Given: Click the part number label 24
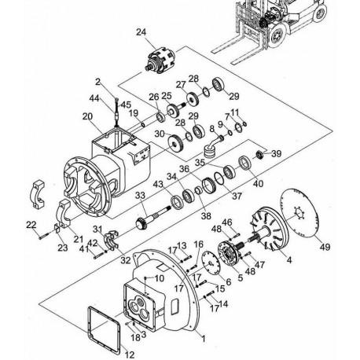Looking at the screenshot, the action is [141, 32].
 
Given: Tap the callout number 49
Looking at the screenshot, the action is [325, 247].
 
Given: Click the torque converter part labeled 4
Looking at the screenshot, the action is [270, 228].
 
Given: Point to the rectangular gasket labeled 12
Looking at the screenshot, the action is [105, 329].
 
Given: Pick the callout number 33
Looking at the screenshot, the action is [140, 195].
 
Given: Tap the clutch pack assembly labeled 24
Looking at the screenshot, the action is [160, 61].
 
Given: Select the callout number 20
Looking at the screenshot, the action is [87, 116].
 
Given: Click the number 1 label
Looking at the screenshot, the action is [204, 339].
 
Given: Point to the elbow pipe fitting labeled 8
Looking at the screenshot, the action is [213, 147].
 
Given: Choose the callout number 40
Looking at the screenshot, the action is [258, 183].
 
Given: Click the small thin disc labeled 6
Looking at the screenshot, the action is [211, 263].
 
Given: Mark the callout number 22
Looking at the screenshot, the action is [31, 225].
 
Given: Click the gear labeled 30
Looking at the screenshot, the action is [175, 143].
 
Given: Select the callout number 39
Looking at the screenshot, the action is [276, 153].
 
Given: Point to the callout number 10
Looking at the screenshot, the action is [160, 278].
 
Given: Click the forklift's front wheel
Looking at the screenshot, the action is [277, 36].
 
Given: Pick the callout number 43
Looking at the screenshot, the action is [158, 184].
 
